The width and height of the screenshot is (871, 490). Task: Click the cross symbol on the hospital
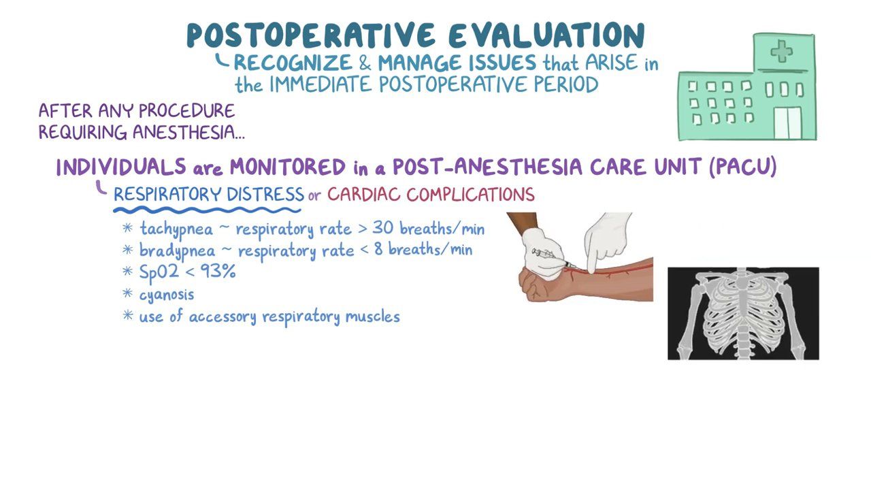click(781, 52)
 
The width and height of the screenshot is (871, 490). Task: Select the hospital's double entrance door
click(788, 123)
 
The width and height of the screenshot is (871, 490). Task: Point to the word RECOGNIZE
click(293, 63)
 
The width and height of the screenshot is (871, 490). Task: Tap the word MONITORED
click(288, 167)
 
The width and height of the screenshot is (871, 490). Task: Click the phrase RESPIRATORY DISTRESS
click(208, 195)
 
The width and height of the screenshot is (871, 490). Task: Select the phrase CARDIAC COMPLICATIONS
click(431, 195)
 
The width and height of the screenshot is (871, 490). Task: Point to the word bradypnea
click(176, 250)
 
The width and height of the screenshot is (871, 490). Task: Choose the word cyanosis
click(167, 295)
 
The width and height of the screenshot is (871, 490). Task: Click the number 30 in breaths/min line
click(382, 228)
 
